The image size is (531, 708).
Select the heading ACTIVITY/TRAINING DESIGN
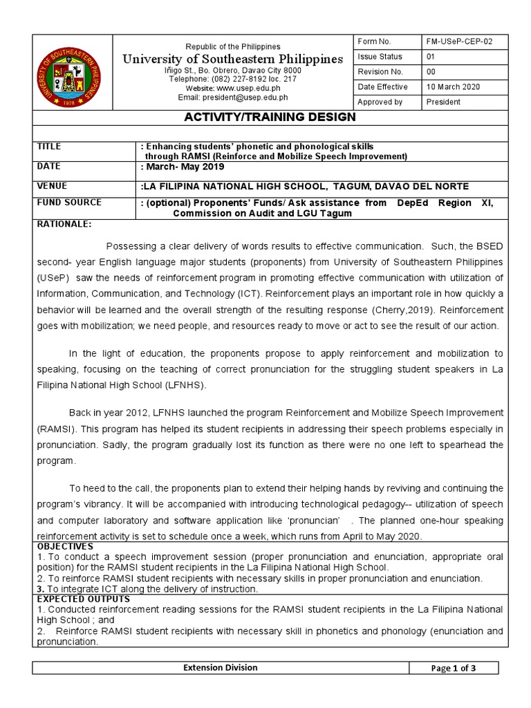[270, 117]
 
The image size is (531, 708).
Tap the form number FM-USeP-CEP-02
[460, 41]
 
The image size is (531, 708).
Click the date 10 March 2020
[453, 87]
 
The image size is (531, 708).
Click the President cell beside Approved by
[445, 102]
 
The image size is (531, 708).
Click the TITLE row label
[49, 147]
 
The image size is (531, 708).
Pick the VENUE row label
[52, 186]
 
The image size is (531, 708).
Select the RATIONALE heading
[64, 224]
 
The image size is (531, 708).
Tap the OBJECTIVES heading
[65, 546]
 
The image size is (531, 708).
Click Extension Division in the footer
[219, 668]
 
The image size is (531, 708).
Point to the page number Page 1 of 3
[453, 669]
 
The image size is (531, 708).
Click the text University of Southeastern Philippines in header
[232, 59]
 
